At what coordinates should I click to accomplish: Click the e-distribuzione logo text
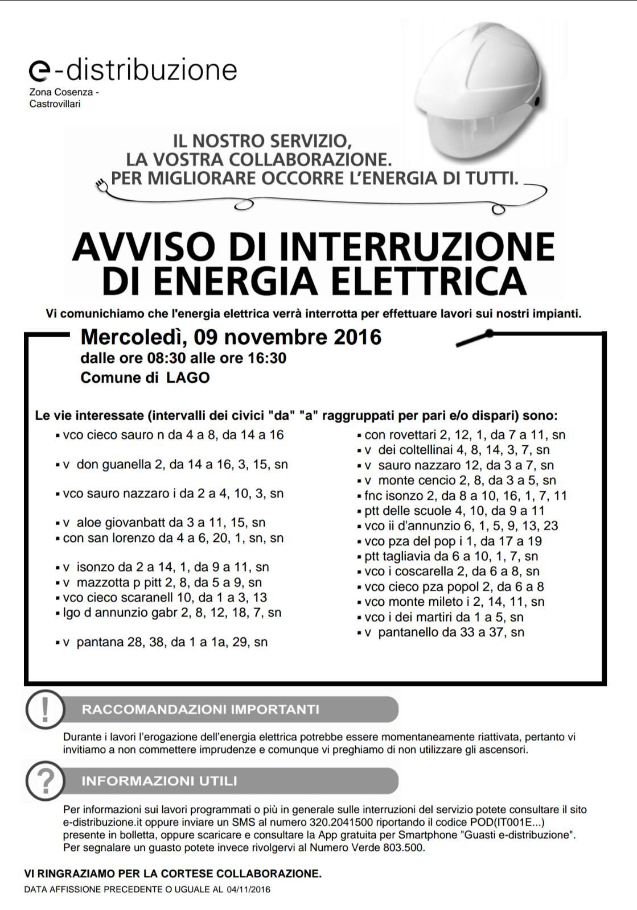pos(133,70)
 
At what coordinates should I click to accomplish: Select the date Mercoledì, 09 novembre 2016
pos(231,337)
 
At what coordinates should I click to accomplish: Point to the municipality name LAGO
pos(188,378)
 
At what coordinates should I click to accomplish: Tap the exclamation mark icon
pos(46,709)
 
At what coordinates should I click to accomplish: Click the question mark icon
pos(46,781)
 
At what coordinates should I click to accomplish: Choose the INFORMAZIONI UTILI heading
pos(159,781)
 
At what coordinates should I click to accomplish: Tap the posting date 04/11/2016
pos(248,890)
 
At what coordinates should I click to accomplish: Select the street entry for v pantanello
pos(444,632)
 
